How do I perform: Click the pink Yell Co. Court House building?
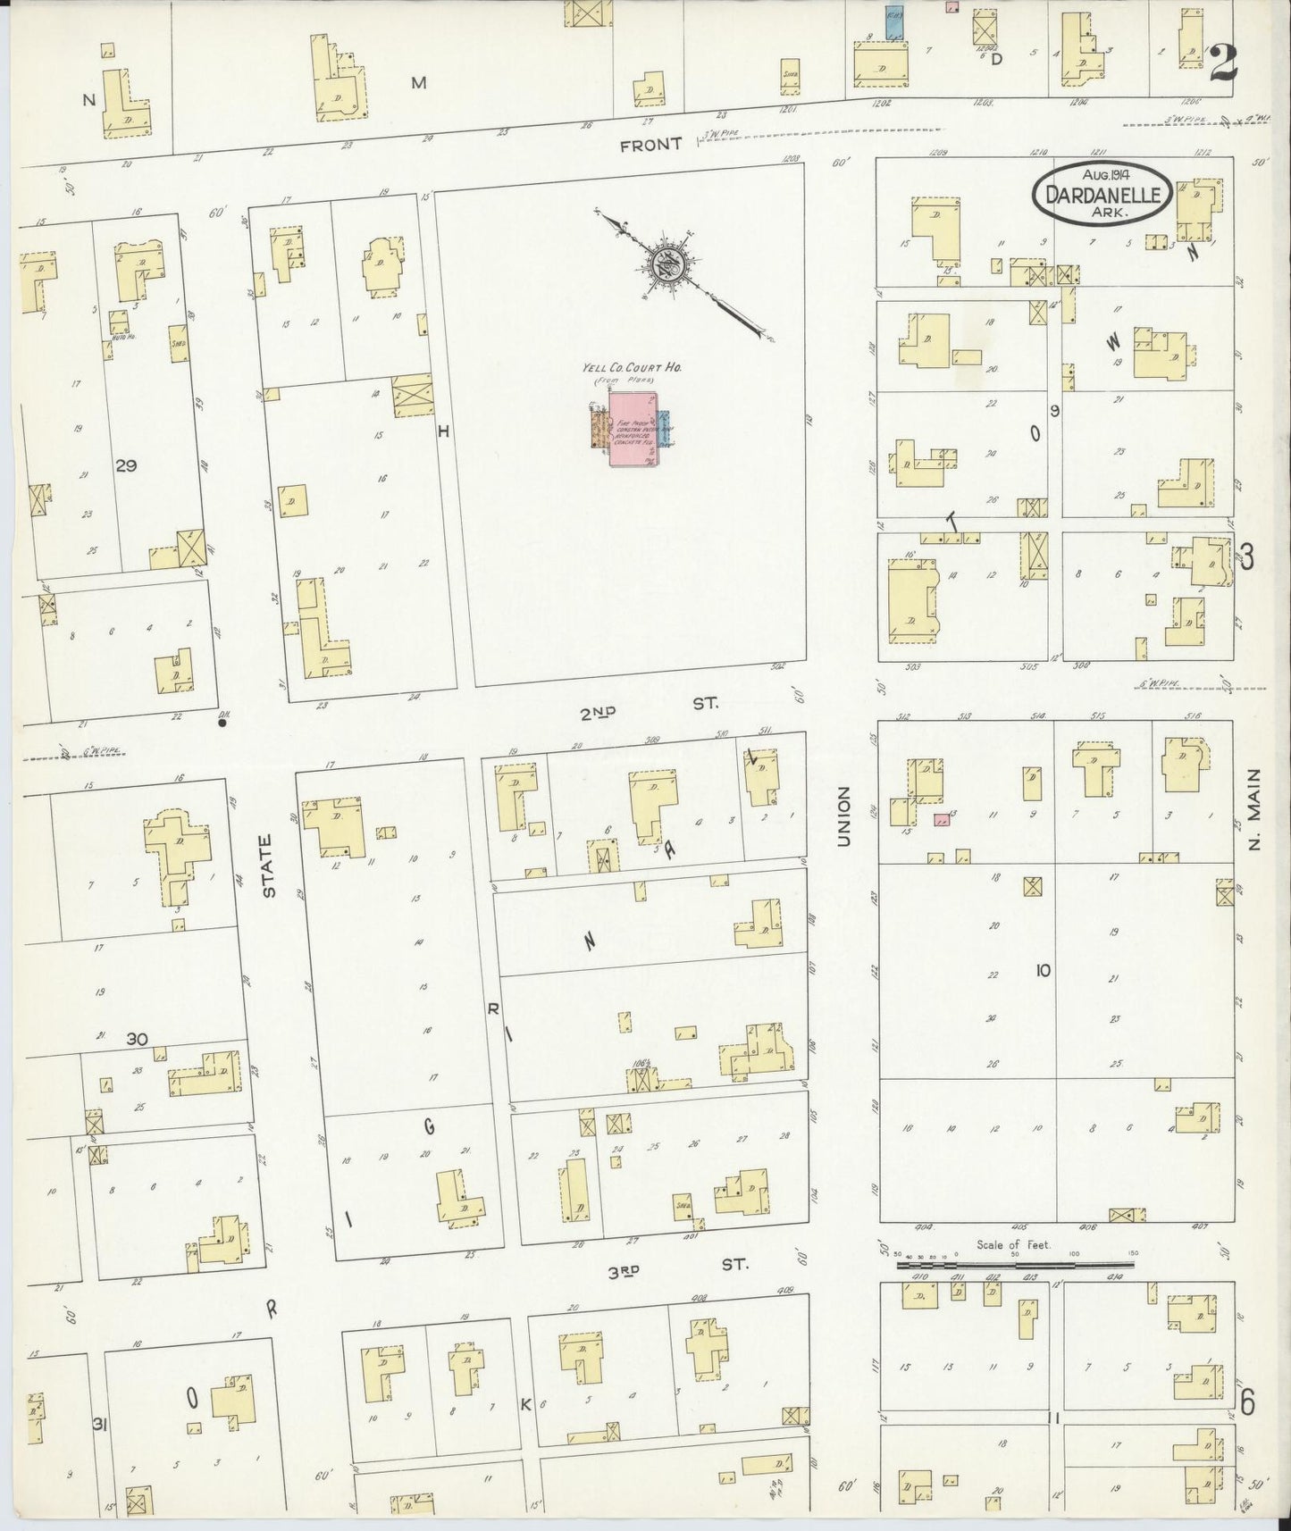click(632, 431)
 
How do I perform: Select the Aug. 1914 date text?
click(1102, 176)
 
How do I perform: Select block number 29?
click(126, 465)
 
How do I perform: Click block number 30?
click(136, 1039)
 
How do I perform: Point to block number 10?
click(1043, 970)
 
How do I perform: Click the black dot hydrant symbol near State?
click(222, 724)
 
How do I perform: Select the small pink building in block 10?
click(941, 818)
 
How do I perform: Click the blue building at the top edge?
click(893, 22)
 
